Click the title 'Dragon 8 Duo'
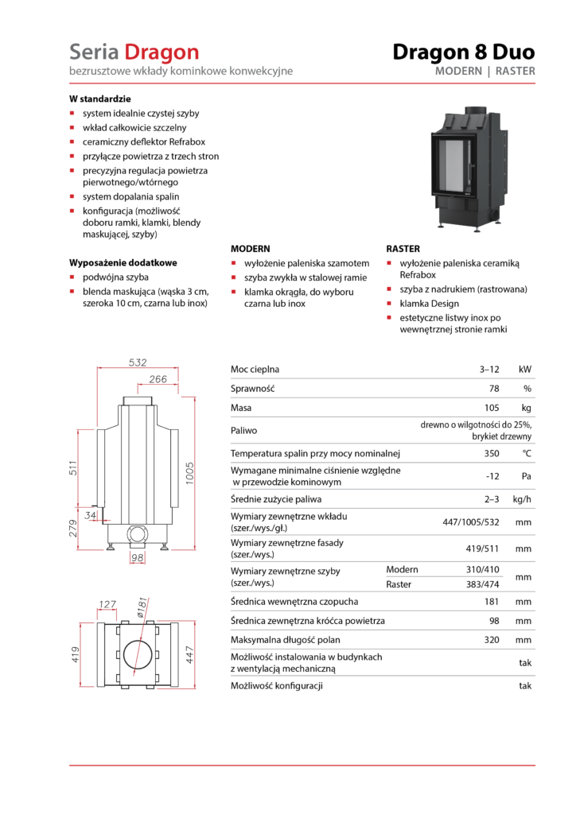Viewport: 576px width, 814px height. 463,52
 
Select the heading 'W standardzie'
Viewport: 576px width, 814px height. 99,100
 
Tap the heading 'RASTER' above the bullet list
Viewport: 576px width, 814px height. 403,249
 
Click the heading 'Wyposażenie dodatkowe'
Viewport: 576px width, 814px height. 123,262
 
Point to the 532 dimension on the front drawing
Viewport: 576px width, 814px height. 138,362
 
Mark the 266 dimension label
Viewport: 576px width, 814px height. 158,380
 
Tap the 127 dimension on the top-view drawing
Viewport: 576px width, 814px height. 107,604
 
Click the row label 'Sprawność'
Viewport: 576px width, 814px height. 252,389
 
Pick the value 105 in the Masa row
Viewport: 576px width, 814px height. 492,408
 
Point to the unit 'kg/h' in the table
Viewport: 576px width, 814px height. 522,499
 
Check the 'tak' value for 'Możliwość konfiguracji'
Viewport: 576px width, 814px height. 524,685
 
